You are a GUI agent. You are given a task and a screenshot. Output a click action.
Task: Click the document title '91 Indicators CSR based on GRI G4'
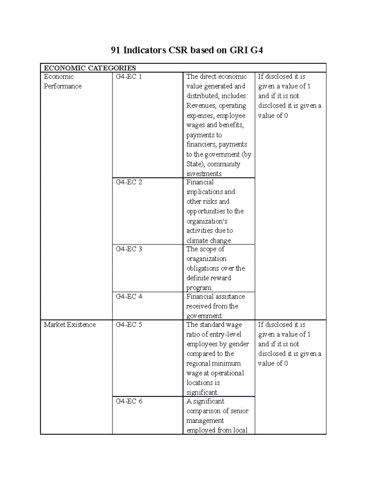coord(187,50)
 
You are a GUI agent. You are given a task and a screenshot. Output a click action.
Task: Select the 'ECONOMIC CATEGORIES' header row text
coord(90,68)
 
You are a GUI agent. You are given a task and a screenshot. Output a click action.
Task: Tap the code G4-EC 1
coord(129,77)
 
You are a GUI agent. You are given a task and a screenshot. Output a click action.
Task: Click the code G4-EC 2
coord(129,182)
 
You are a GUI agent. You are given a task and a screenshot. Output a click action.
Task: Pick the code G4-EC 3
coord(129,249)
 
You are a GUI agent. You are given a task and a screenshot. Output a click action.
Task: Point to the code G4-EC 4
coord(129,296)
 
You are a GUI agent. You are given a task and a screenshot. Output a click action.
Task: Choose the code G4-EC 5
coord(129,325)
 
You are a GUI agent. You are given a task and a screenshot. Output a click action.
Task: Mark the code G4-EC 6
coord(129,401)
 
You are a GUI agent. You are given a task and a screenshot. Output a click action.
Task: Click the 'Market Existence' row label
coord(70,325)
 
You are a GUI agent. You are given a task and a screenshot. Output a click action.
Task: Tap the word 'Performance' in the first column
coord(63,86)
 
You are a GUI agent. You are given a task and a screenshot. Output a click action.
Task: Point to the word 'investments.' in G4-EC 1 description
coord(204,174)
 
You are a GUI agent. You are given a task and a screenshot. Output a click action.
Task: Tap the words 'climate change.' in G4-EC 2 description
coord(209,240)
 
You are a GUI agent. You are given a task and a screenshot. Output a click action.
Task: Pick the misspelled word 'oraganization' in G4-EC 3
coord(206,259)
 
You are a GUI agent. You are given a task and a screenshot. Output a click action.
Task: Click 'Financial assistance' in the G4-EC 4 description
coord(215,296)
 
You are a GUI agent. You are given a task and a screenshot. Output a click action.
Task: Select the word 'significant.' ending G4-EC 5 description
coord(202,392)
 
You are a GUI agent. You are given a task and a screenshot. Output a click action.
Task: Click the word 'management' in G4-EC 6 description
coord(205,421)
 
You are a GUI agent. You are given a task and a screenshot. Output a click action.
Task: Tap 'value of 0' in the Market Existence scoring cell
coord(273,363)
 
